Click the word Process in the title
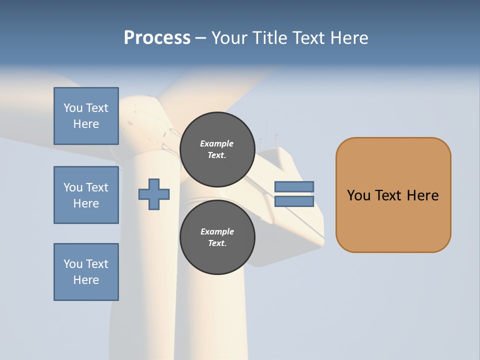coord(157,38)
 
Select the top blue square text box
coord(86,116)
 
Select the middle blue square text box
coord(86,195)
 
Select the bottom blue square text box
coord(86,272)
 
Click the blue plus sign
coord(154,194)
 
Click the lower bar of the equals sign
coord(294,201)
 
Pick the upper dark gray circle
coord(217,149)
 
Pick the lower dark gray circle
coord(217,237)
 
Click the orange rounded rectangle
coord(393,195)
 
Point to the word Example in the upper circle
coord(217,143)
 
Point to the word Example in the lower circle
coord(217,231)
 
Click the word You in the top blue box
coord(73,108)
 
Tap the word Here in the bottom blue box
coord(86,280)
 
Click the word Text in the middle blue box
coord(97,187)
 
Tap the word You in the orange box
coord(358,195)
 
